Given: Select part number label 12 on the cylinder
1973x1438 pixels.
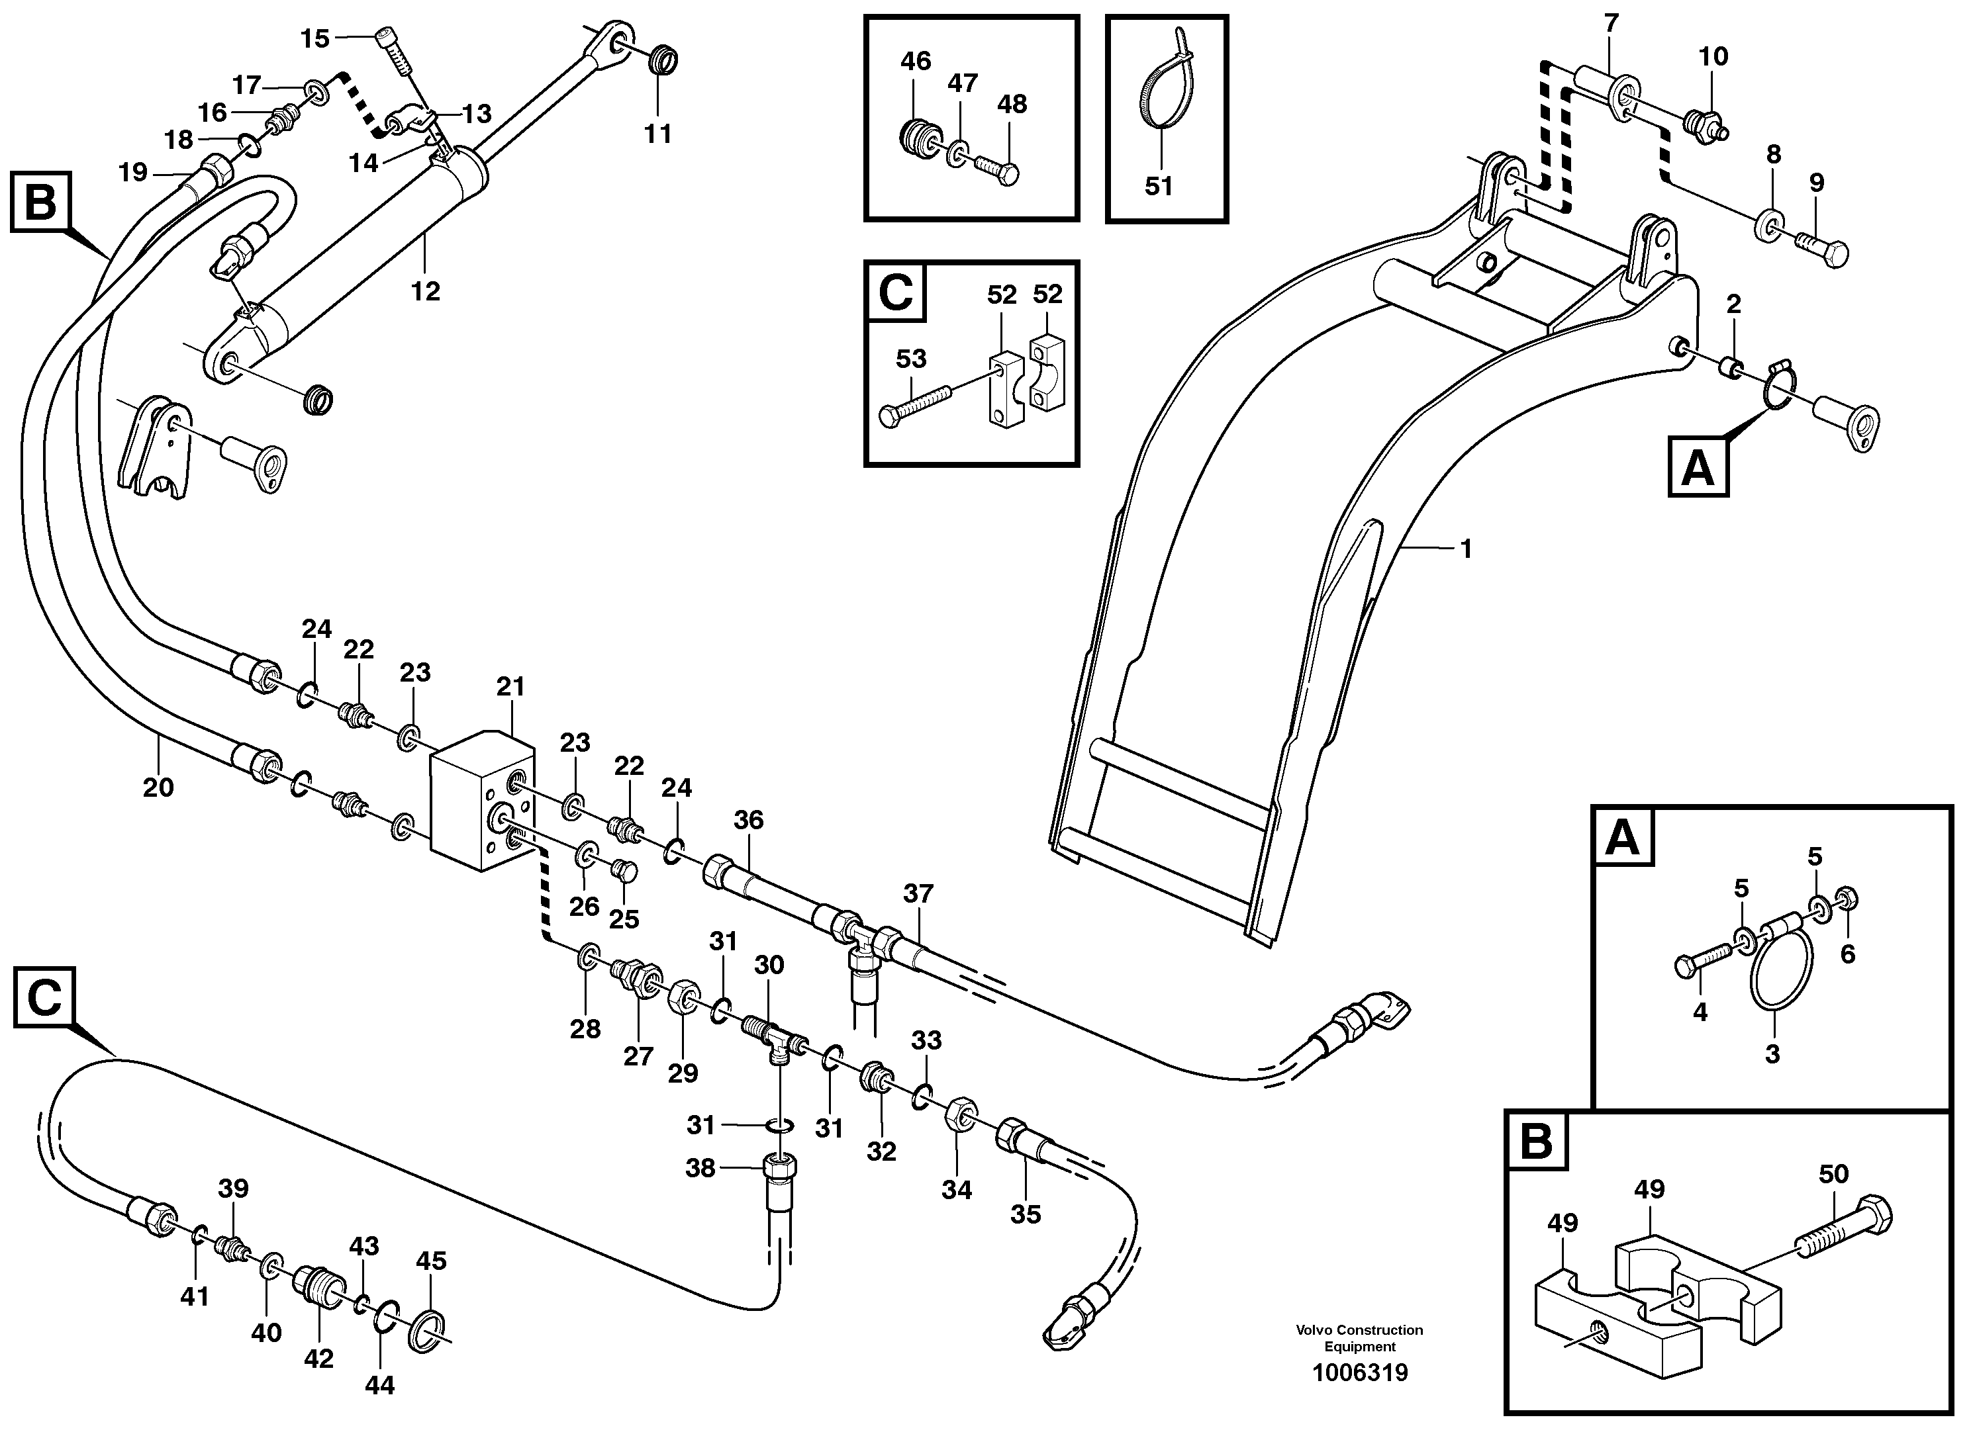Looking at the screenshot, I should pyautogui.click(x=425, y=290).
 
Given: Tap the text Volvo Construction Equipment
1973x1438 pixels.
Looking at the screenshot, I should pyautogui.click(x=1359, y=1338).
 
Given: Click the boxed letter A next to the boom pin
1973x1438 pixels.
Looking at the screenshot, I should pyautogui.click(x=1698, y=469).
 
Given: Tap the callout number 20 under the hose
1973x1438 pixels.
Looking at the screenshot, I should pyautogui.click(x=158, y=787).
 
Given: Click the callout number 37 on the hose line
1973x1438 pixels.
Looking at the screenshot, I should pyautogui.click(x=918, y=893).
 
